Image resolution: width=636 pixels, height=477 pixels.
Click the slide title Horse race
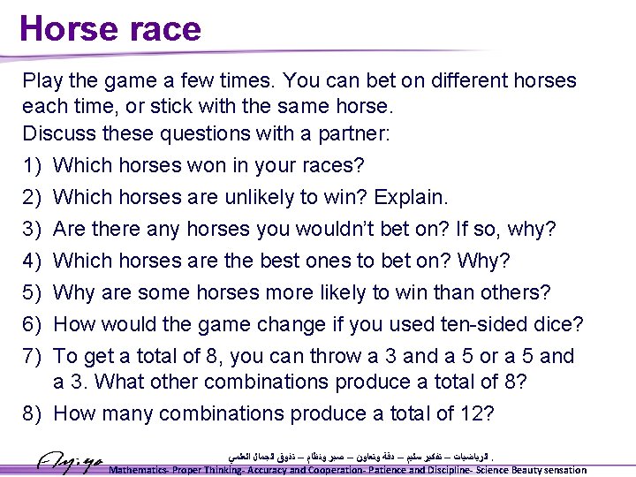(110, 28)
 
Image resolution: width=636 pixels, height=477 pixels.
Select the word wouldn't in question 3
(322, 229)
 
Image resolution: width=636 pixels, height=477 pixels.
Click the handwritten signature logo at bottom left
(71, 460)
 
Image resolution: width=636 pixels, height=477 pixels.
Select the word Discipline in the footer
(438, 470)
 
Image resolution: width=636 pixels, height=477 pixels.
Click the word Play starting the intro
(42, 81)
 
